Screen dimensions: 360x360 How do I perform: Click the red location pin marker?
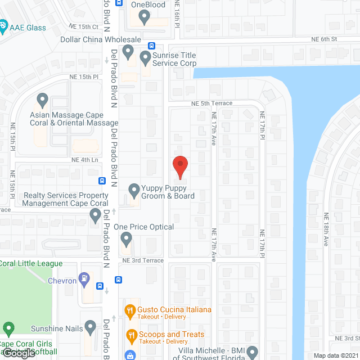coord(179,166)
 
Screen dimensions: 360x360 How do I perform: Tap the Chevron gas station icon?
coord(84,277)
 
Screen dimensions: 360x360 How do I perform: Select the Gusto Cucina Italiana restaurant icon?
coord(130,309)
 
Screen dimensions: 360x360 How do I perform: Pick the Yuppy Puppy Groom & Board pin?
coord(134,191)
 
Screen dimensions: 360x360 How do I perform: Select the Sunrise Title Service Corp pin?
coord(145,57)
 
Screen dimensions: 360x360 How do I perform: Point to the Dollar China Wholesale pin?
coord(128,53)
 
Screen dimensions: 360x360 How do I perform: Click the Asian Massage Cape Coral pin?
coord(42,101)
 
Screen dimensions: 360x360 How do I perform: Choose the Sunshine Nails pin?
coord(91,327)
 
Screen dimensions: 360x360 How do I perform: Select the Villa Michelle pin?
coord(251,352)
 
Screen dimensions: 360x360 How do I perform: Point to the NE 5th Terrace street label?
coord(211,103)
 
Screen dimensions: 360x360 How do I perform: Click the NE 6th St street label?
coord(325,39)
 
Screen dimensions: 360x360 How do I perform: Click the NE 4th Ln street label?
coord(85,160)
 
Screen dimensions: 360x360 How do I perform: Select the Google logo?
coord(18,353)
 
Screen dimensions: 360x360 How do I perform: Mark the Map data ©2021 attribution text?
coord(336,355)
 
